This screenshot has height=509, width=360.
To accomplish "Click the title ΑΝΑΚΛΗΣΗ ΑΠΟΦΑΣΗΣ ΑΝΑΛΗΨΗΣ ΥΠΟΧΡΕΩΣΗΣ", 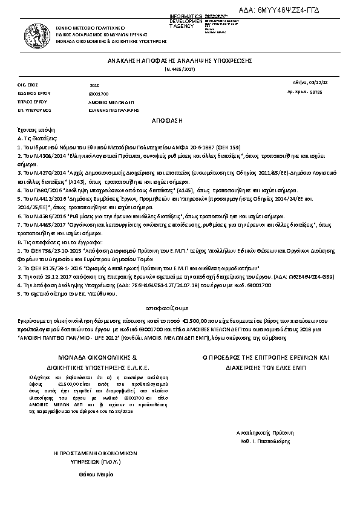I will click(x=180, y=62).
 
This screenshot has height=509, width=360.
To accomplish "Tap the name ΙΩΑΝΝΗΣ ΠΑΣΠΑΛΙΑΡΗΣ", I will click(x=114, y=111).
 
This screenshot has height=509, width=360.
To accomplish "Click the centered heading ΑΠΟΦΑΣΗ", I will click(x=180, y=121).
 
